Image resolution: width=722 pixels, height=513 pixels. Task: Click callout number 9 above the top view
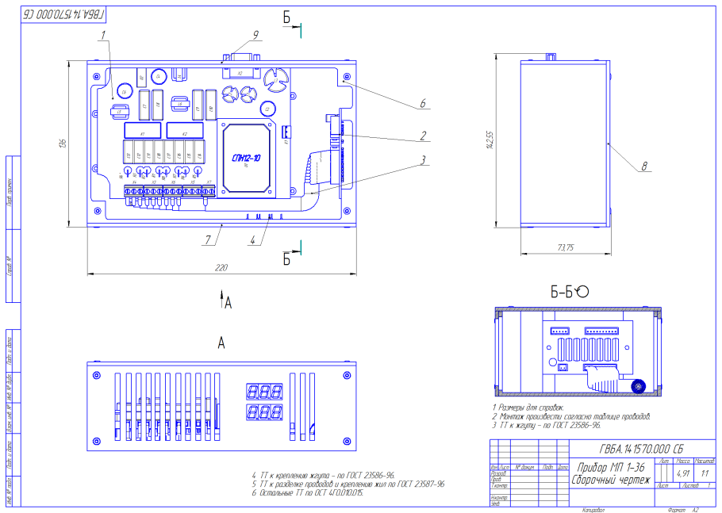[256, 34]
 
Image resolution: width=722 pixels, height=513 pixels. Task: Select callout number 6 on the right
[423, 103]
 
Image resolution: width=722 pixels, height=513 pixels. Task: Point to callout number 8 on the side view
[644, 166]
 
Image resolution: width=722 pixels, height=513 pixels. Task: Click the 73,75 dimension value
[566, 248]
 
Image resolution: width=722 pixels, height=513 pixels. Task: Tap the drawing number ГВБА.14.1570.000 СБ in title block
[642, 447]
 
